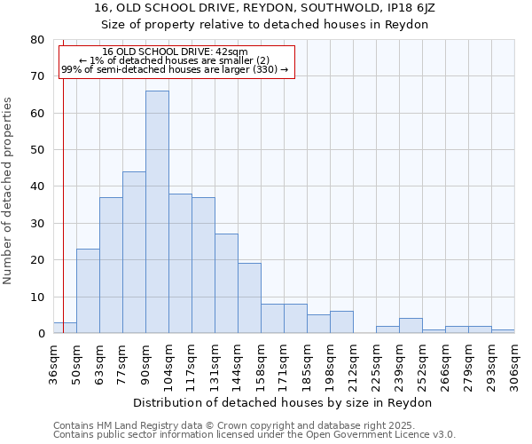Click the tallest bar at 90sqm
point(157,212)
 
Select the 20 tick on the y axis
point(37,260)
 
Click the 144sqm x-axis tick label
point(238,363)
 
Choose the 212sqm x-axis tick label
point(353,363)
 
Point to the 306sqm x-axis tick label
point(514,363)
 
